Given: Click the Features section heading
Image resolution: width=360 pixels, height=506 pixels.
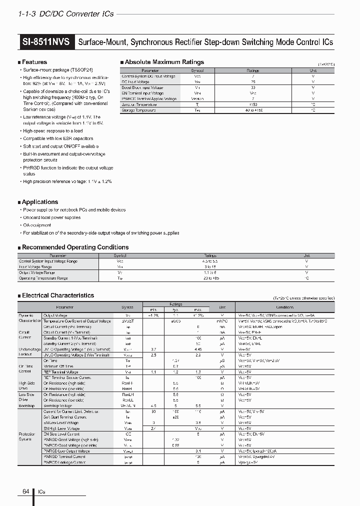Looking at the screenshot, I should click(34, 62).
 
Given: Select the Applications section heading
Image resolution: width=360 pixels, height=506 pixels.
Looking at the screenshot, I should click(40, 202).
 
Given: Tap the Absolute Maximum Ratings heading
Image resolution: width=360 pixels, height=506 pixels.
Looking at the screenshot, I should click(164, 62).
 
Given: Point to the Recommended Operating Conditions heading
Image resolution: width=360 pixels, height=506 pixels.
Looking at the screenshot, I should click(75, 247).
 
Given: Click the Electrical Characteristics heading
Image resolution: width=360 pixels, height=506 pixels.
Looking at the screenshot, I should click(58, 295).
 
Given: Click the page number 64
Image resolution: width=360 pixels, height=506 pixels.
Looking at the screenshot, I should click(26, 491).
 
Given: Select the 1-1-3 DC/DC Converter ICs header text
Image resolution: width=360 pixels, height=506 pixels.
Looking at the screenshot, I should click(65, 14).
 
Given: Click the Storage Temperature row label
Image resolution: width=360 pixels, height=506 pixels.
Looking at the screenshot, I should click(138, 110).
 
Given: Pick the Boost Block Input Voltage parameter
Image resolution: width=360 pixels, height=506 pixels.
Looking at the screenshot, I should click(142, 87).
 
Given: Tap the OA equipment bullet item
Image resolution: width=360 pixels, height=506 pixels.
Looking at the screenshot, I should click(37, 225).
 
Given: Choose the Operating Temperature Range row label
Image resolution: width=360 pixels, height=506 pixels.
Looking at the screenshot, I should click(43, 278).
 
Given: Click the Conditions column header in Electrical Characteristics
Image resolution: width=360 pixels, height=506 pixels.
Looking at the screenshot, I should click(284, 307).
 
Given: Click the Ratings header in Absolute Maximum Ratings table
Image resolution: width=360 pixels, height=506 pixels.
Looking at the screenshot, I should click(253, 71).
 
